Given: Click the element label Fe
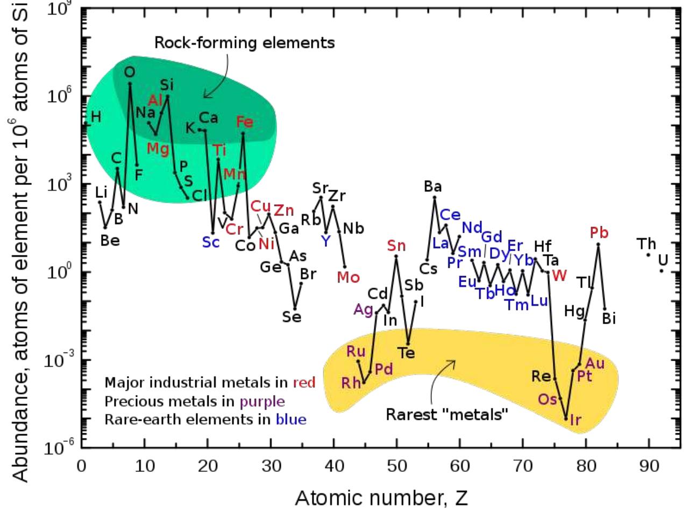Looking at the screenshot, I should click(x=244, y=121).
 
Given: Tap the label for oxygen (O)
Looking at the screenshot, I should click(x=129, y=71).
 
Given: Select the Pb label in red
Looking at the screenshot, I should click(x=599, y=233).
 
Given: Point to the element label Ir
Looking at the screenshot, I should click(x=575, y=420).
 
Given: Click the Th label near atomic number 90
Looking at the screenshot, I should click(x=647, y=244).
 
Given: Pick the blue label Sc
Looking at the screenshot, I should click(x=211, y=242).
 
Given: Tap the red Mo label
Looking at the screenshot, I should click(x=348, y=277).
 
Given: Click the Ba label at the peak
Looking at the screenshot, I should click(x=432, y=187).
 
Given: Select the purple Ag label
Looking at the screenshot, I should click(x=363, y=310).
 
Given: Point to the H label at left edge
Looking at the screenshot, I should click(x=96, y=117).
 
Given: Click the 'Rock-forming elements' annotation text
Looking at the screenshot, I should click(x=244, y=42).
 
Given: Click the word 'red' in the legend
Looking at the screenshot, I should click(x=304, y=383).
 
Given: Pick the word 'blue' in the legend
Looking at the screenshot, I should click(x=290, y=419).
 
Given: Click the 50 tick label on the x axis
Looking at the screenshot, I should click(x=396, y=466).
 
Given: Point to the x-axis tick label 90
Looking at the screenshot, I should click(x=649, y=466).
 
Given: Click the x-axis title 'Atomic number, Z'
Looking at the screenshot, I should click(x=381, y=497).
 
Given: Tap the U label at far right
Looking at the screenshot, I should click(x=663, y=260).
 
